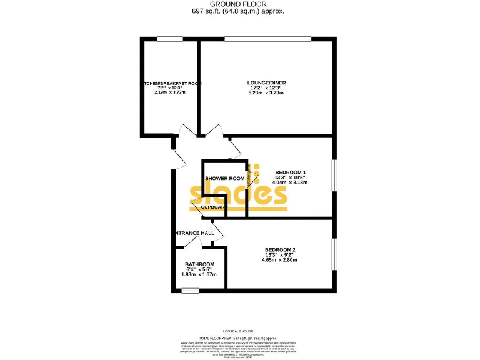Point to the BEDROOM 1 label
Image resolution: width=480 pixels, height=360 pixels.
pyautogui.click(x=291, y=172)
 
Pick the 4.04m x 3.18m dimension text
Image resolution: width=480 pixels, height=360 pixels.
pyautogui.click(x=291, y=182)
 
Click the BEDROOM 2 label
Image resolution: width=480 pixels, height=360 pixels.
pyautogui.click(x=280, y=249)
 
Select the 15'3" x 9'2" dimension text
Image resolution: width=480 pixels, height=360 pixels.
pyautogui.click(x=280, y=255)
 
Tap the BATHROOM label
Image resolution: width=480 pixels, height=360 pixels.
pyautogui.click(x=199, y=264)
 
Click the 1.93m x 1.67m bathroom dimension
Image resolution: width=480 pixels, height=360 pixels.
pyautogui.click(x=199, y=274)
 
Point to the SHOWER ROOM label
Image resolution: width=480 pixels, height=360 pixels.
pyautogui.click(x=224, y=178)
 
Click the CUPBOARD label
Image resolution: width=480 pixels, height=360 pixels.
pyautogui.click(x=214, y=207)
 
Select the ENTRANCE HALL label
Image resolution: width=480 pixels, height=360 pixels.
pyautogui.click(x=195, y=233)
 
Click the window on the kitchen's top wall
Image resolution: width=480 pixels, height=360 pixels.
pyautogui.click(x=170, y=39)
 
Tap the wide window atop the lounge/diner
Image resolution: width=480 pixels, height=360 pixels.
pyautogui.click(x=267, y=39)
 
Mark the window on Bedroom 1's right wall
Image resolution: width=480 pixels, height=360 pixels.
pyautogui.click(x=334, y=177)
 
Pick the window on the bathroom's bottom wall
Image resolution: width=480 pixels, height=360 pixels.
pyautogui.click(x=190, y=290)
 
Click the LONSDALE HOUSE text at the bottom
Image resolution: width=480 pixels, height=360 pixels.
pyautogui.click(x=239, y=331)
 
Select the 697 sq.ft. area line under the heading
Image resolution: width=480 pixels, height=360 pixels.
pyautogui.click(x=239, y=11)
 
